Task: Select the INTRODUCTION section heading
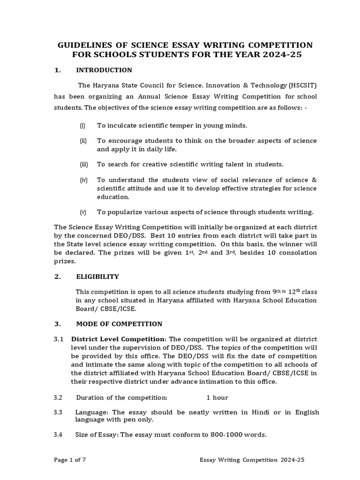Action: tap(104, 70)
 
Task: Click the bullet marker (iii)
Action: tap(83, 165)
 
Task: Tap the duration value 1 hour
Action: tap(217, 397)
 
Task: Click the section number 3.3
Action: tap(58, 412)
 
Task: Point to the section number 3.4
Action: tap(58, 435)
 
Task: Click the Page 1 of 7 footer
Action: tap(70, 460)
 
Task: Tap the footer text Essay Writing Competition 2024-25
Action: tap(252, 460)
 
